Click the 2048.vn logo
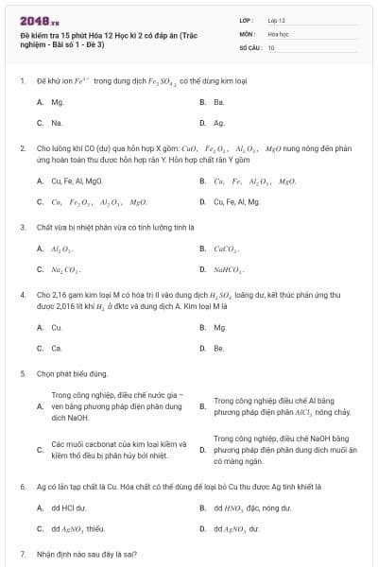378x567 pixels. (35, 21)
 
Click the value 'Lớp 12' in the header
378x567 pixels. (277, 19)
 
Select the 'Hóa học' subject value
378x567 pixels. (278, 33)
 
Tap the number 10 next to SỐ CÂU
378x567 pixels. (271, 46)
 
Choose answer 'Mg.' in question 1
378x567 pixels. (58, 101)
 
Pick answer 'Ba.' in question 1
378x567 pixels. (219, 101)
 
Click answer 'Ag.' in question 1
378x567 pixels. (219, 123)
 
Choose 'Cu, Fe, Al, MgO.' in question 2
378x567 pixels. (77, 180)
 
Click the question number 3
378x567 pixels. (22, 227)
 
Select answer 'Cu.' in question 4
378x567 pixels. (57, 327)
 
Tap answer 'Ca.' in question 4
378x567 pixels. (57, 349)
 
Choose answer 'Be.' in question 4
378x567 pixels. (219, 349)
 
